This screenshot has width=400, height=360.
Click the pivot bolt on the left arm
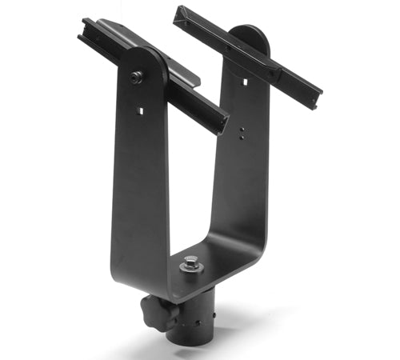point(137,77)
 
